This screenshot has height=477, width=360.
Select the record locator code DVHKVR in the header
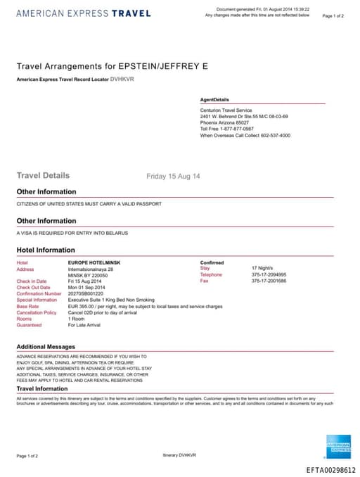[122, 79]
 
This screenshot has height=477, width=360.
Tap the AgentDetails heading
[214, 100]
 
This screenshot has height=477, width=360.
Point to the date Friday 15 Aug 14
[173, 176]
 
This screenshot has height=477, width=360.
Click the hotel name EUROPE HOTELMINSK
[94, 262]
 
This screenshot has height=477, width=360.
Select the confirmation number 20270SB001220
[85, 293]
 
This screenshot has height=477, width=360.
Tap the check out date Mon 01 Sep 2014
[86, 287]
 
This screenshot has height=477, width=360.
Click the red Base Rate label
[28, 306]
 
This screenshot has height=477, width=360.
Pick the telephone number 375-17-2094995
[269, 274]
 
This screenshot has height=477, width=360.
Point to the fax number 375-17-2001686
[269, 281]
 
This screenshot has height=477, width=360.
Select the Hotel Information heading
[46, 250]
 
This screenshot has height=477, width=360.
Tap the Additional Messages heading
[46, 347]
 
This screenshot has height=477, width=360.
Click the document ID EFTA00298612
[331, 470]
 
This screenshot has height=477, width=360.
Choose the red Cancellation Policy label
[36, 312]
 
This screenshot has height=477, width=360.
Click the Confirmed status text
[212, 262]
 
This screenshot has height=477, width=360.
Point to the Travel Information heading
[42, 388]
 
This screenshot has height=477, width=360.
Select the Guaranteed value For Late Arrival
[85, 325]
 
